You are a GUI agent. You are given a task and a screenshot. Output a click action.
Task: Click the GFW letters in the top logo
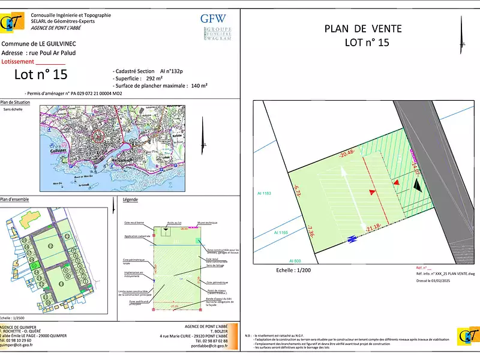click(214, 18)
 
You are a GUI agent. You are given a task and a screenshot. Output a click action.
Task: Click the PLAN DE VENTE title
click(363, 29)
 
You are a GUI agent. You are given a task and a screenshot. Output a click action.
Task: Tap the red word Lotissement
click(19, 61)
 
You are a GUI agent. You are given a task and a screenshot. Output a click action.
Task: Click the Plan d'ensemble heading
click(15, 199)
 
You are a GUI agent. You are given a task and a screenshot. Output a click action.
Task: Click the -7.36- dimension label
click(310, 231)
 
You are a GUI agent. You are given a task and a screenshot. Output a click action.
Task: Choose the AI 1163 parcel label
click(264, 193)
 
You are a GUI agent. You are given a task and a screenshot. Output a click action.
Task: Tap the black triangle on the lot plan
click(418, 185)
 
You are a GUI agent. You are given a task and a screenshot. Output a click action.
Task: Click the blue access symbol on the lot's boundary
click(352, 239)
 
